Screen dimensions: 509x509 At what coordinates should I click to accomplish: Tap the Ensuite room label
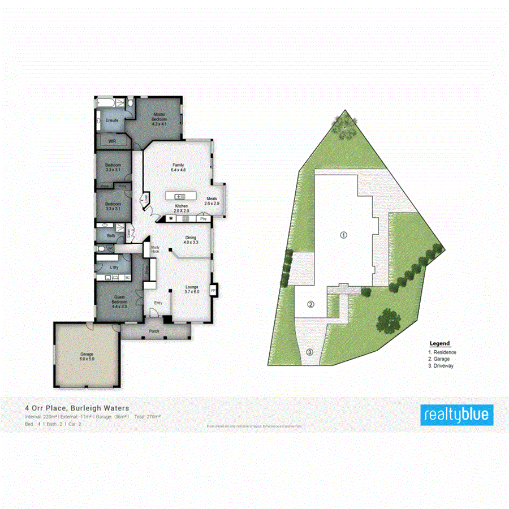(112, 120)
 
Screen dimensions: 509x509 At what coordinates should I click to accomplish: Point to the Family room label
(178, 167)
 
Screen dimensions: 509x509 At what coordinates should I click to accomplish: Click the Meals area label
(212, 201)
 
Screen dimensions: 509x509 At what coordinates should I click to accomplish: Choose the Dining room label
(191, 240)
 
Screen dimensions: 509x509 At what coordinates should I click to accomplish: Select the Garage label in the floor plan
(87, 356)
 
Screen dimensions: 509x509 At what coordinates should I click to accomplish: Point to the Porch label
(153, 331)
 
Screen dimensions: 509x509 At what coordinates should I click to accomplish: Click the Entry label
(158, 303)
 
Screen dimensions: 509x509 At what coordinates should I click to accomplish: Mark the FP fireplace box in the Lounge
(213, 290)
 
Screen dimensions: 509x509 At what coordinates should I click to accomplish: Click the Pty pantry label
(202, 218)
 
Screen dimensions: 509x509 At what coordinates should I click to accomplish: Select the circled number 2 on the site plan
(310, 305)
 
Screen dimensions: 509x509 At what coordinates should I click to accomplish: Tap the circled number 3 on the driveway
(309, 352)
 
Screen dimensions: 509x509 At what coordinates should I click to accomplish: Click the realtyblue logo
(457, 415)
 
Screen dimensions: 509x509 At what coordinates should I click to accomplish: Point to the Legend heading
(439, 343)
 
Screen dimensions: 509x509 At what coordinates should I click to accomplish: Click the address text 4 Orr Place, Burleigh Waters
(77, 407)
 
